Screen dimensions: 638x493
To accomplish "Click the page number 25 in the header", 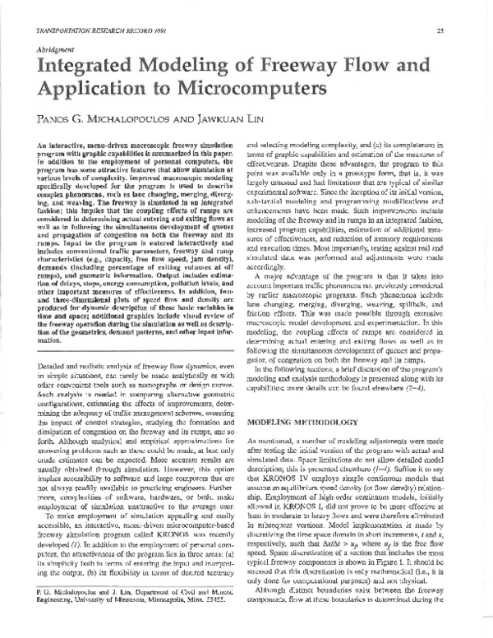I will tap(464, 31).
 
